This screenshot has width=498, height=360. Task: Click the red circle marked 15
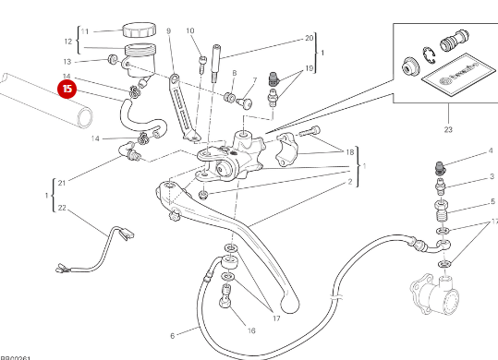[x=67, y=90]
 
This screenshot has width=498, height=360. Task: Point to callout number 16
[x=249, y=330]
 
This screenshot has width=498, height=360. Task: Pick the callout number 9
[x=169, y=31]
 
